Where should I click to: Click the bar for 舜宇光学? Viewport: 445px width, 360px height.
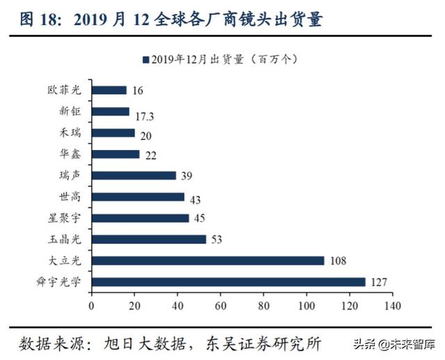(x=228, y=282)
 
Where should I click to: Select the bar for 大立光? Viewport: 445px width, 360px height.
(x=208, y=261)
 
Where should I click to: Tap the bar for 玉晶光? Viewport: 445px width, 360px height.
(x=149, y=239)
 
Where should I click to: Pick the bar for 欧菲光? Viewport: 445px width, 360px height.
(x=109, y=90)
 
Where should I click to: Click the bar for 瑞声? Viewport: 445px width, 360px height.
(x=133, y=175)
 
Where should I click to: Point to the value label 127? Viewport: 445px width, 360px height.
(x=379, y=282)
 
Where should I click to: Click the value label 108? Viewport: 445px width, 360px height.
(x=338, y=261)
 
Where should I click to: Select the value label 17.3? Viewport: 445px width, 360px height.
(x=143, y=112)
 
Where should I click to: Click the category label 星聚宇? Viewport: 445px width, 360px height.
(x=64, y=218)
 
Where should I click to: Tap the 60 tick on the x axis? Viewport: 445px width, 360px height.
(x=220, y=304)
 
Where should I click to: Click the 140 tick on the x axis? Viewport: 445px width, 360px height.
(x=393, y=304)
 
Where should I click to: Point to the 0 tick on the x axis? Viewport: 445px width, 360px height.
(x=92, y=304)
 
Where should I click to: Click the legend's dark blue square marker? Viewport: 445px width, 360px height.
(x=145, y=60)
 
